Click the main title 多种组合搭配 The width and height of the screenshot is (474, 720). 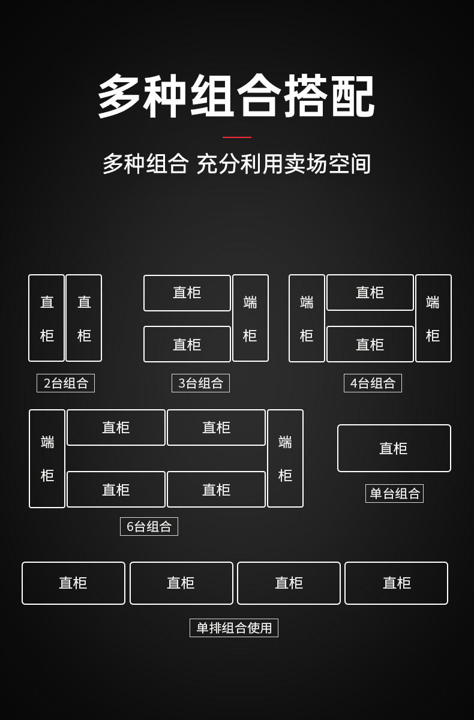tap(236, 96)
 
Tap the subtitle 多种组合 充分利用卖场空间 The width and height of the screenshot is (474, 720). tap(236, 164)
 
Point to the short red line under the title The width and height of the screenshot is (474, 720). tap(237, 137)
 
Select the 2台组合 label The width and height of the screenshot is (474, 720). tap(65, 383)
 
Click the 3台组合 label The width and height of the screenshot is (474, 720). tap(200, 383)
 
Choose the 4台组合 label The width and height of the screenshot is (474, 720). tap(373, 383)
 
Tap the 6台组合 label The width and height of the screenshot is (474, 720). tap(149, 526)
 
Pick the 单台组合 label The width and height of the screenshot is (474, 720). tap(394, 493)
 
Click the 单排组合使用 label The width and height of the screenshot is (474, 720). tap(234, 628)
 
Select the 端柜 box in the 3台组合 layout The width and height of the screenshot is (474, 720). tap(250, 318)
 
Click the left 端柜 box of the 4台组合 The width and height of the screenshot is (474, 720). tap(307, 318)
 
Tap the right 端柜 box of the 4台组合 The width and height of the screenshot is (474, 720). tap(433, 318)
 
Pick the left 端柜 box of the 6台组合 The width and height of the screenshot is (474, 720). tap(47, 458)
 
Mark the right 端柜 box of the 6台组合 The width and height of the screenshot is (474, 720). tap(285, 458)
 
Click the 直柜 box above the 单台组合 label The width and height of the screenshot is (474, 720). tap(394, 448)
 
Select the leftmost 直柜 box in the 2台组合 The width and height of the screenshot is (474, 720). tap(47, 318)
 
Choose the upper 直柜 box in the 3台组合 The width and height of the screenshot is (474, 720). tap(187, 293)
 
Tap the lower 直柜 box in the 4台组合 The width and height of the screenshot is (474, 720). tap(370, 344)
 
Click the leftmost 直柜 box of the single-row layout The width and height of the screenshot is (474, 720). tap(73, 583)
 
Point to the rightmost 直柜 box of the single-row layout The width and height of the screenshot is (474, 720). tap(396, 583)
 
